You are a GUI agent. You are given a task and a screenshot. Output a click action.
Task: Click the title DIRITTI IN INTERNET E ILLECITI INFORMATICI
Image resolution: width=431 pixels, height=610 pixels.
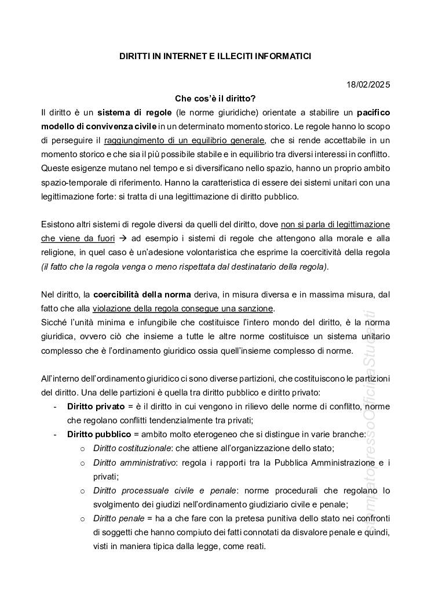[x=216, y=56]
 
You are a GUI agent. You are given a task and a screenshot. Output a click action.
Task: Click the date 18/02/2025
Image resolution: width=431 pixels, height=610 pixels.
[x=369, y=85]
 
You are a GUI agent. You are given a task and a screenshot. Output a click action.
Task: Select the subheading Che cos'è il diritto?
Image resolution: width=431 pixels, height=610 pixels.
[x=216, y=99]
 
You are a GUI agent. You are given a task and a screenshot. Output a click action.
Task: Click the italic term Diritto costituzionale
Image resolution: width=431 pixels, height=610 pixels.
[x=132, y=448]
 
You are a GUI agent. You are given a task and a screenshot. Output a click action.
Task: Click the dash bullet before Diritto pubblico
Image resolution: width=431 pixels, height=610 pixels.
[x=55, y=434]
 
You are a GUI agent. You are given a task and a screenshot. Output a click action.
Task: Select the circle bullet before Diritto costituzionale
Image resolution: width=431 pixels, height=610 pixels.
[x=82, y=449]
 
